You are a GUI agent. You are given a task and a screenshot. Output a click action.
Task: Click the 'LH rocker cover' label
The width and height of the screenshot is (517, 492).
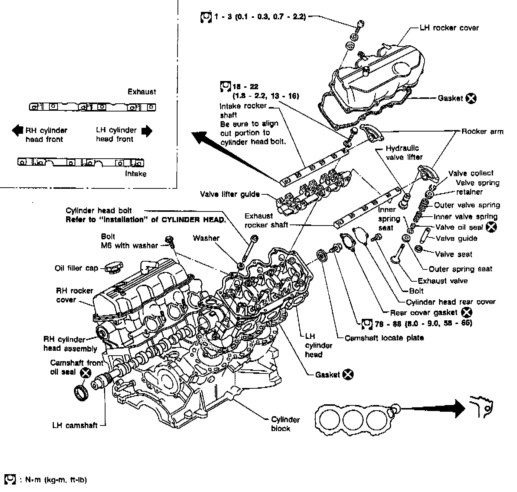pos(449,28)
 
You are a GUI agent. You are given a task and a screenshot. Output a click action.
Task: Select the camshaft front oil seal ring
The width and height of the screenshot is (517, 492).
pos(81,393)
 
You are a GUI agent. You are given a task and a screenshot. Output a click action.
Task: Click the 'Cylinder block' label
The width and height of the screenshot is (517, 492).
pos(285,424)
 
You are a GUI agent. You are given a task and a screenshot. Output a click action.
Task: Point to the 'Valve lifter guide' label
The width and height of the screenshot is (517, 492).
pos(229,194)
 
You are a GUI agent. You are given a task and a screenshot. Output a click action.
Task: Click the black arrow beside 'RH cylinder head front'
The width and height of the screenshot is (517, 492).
pos(17,130)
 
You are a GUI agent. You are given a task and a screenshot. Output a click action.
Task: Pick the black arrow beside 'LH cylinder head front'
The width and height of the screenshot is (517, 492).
pos(147,130)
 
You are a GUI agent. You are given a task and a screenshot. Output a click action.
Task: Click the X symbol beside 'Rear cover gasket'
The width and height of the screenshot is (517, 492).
pos(467,313)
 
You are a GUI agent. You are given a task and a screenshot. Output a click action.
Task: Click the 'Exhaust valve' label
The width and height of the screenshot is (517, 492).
pos(442,281)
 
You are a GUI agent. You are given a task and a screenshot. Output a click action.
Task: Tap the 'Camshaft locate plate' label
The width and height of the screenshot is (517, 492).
pos(384,338)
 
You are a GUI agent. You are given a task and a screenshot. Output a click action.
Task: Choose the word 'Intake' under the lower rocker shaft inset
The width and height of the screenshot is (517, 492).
pos(136,174)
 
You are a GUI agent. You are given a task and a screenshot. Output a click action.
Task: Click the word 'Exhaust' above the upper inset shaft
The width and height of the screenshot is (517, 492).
pos(142,91)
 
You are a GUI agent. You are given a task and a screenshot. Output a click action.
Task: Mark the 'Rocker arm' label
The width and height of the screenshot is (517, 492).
pos(482,131)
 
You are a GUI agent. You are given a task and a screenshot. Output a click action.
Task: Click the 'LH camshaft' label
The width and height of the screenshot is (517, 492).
pos(75,425)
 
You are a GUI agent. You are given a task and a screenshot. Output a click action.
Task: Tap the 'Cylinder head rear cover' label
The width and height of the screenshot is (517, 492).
pos(451,302)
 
